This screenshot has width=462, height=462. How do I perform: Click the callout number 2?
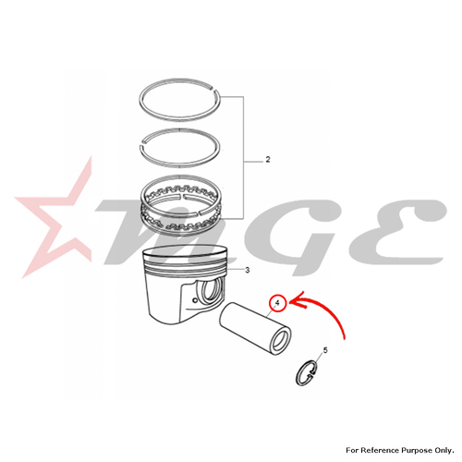[x=268, y=160]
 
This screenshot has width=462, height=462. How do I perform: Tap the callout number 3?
[x=247, y=270]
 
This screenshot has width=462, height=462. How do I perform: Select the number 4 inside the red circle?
[x=277, y=303]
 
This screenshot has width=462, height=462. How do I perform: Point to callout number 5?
[x=325, y=350]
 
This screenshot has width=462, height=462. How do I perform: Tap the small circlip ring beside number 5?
[x=307, y=372]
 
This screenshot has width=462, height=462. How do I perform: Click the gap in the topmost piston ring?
[x=215, y=90]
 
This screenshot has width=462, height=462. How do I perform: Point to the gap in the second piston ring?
[x=143, y=142]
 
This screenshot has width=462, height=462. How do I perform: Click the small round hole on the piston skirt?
[x=194, y=300]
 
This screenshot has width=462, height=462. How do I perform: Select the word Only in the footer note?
[x=444, y=451]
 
